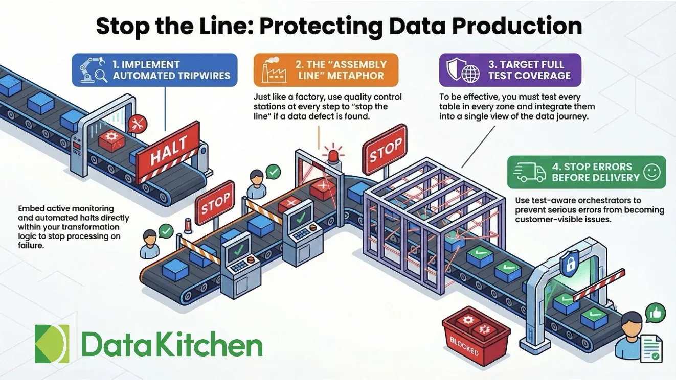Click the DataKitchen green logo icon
click(x=52, y=344)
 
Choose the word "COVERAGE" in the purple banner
click(x=543, y=76)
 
